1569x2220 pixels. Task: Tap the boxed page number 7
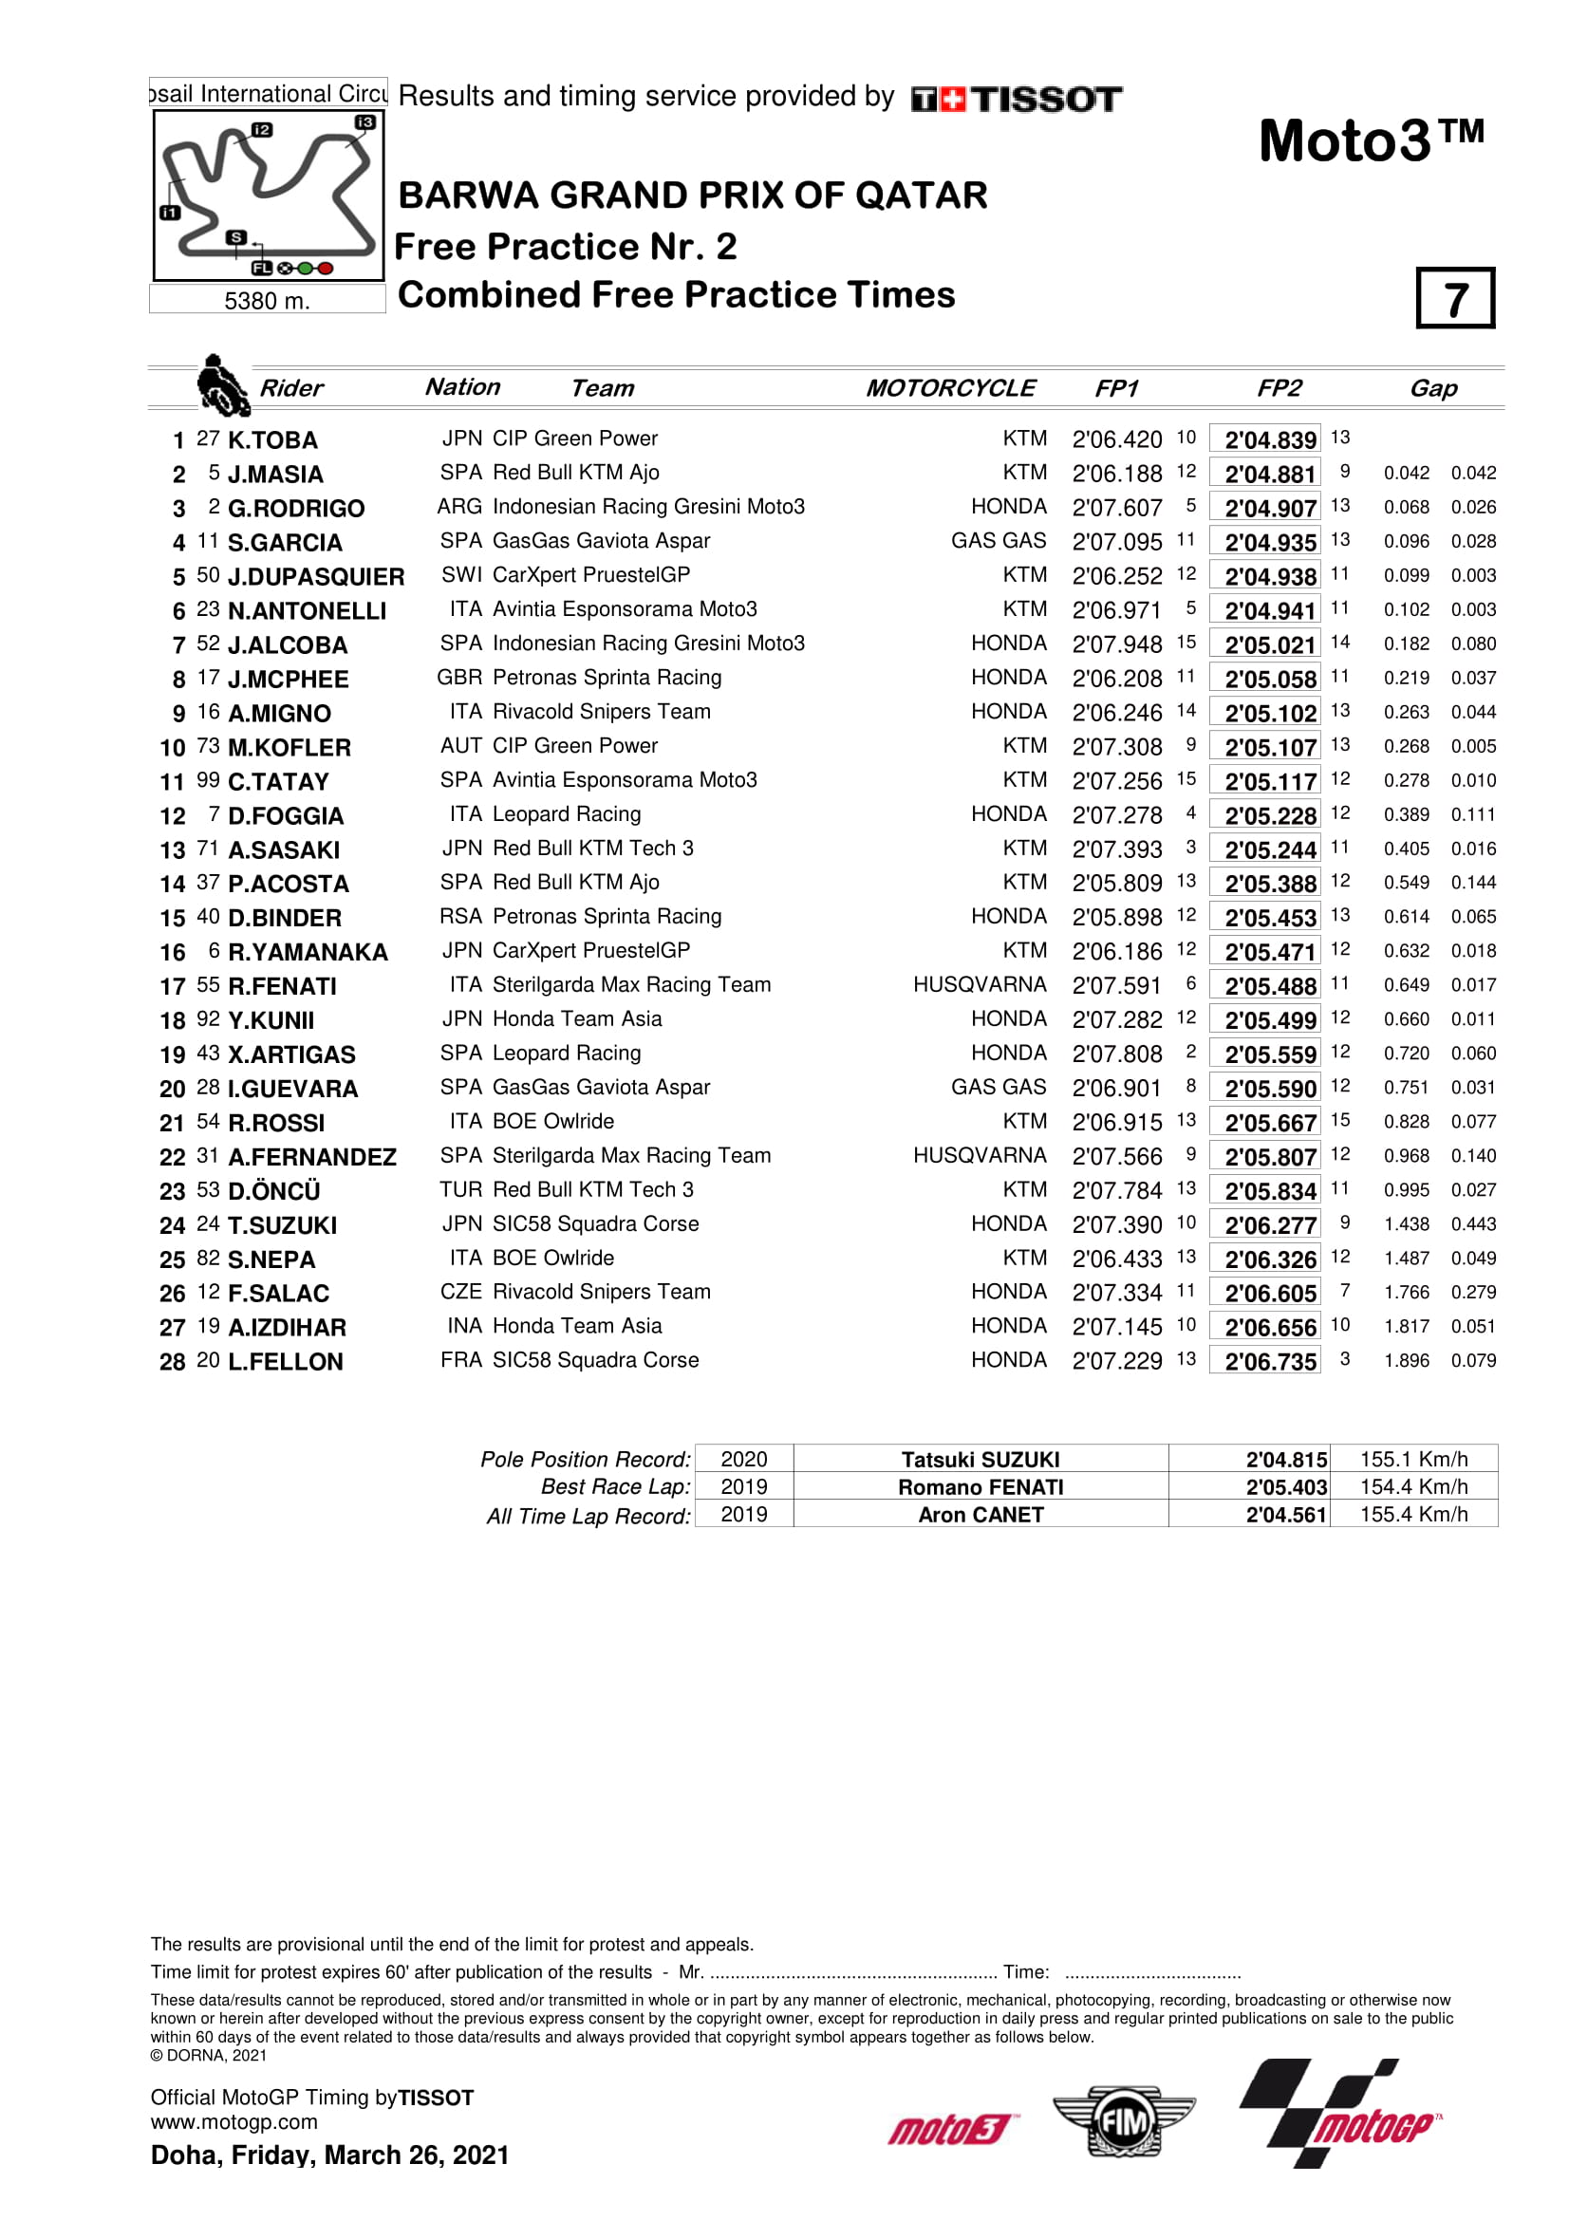point(1455,299)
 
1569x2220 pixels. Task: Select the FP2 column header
point(1278,389)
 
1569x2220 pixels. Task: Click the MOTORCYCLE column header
point(950,389)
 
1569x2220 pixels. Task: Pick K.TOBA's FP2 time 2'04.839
point(1269,440)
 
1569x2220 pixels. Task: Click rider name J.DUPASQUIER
point(316,576)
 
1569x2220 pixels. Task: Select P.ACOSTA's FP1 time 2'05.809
point(1116,884)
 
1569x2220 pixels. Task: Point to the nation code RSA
point(460,917)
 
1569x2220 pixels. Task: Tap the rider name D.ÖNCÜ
point(273,1191)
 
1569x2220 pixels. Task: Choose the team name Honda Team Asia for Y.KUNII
point(577,1019)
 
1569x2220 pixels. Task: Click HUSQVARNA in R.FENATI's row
point(980,985)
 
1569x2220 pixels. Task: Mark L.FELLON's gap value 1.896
point(1406,1360)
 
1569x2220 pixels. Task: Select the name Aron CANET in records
point(981,1515)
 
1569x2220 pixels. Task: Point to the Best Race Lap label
point(616,1487)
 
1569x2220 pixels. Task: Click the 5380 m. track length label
point(267,301)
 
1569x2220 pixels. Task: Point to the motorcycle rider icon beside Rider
point(221,383)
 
